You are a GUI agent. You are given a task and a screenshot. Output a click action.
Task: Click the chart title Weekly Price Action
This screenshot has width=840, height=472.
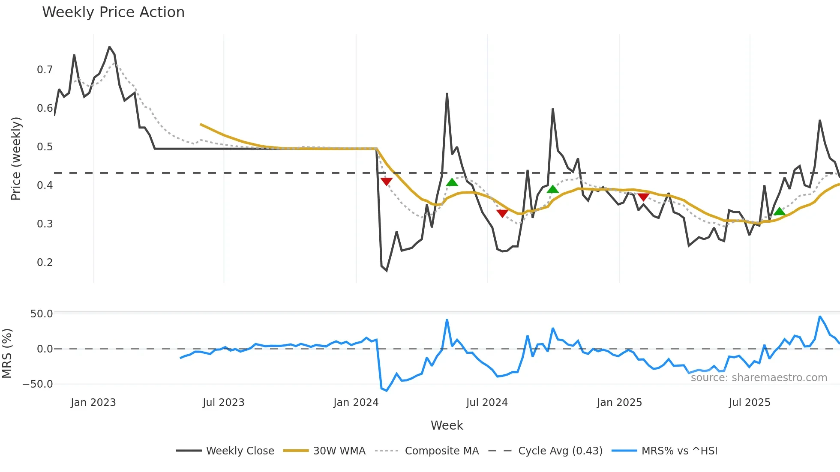[113, 12]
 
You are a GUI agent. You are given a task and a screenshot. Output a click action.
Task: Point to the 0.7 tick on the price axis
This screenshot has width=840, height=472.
[45, 70]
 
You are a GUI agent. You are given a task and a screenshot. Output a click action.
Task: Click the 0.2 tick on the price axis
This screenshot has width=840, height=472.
[45, 263]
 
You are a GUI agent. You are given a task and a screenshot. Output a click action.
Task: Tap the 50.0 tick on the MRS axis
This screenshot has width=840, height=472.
[42, 314]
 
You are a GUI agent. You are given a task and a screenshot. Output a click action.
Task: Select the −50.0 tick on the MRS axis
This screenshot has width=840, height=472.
[38, 384]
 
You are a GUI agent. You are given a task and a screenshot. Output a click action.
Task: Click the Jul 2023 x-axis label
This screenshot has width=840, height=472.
[223, 403]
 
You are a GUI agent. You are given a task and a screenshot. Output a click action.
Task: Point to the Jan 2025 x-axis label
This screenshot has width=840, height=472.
[619, 403]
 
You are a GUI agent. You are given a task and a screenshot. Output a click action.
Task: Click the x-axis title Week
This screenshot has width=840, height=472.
[447, 425]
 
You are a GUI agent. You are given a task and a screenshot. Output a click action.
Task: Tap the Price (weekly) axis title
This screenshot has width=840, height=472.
[16, 158]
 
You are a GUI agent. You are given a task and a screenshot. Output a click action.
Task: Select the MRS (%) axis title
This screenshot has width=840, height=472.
[7, 353]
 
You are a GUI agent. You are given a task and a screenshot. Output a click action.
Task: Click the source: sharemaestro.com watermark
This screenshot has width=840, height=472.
[759, 378]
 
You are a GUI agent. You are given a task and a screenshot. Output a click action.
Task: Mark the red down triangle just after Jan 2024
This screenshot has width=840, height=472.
[386, 182]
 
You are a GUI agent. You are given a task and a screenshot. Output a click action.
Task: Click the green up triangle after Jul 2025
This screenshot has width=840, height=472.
[780, 212]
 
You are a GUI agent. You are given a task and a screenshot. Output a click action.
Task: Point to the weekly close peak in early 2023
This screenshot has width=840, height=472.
[110, 47]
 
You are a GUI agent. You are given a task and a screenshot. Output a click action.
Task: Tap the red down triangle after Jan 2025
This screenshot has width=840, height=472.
[643, 197]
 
